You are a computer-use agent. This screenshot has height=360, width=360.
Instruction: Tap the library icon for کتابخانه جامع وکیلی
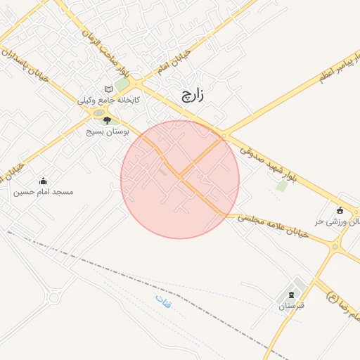pyautogui.click(x=108, y=89)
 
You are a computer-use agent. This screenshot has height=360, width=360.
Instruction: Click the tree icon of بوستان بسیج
pyautogui.click(x=107, y=121)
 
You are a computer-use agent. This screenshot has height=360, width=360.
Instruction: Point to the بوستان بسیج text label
pyautogui.click(x=105, y=131)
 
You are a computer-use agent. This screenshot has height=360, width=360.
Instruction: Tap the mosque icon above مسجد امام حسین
pyautogui.click(x=44, y=181)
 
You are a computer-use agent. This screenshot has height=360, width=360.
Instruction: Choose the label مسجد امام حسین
pyautogui.click(x=44, y=191)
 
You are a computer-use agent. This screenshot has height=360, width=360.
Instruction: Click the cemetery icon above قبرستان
pyautogui.click(x=290, y=295)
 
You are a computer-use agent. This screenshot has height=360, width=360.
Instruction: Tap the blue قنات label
pyautogui.click(x=163, y=304)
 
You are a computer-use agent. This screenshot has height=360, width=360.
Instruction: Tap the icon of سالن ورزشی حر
pyautogui.click(x=340, y=210)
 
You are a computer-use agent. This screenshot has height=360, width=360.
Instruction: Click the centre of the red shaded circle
pyautogui.click(x=180, y=179)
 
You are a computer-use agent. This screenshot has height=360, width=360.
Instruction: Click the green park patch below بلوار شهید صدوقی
pyautogui.click(x=282, y=186)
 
